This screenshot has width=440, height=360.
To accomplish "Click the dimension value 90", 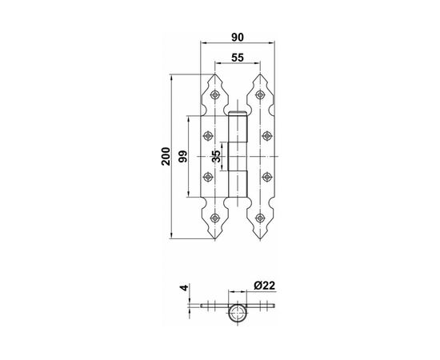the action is coord(238,37).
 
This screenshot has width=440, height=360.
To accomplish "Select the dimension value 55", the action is coord(238,58).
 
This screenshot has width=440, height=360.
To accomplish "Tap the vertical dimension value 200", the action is coord(166,156).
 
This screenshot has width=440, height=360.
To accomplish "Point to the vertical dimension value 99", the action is coord(183,156).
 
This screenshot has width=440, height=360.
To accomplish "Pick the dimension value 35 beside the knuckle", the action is coord(216,156).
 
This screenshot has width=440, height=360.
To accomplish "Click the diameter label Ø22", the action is coord(265,286).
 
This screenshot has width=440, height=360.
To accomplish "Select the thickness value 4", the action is coord(184,288).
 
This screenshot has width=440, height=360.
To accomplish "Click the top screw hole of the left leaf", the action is coord(215,95).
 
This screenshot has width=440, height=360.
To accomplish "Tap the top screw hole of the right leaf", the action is coord(260,95).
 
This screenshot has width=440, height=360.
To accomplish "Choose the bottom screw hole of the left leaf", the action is coord(215,218).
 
